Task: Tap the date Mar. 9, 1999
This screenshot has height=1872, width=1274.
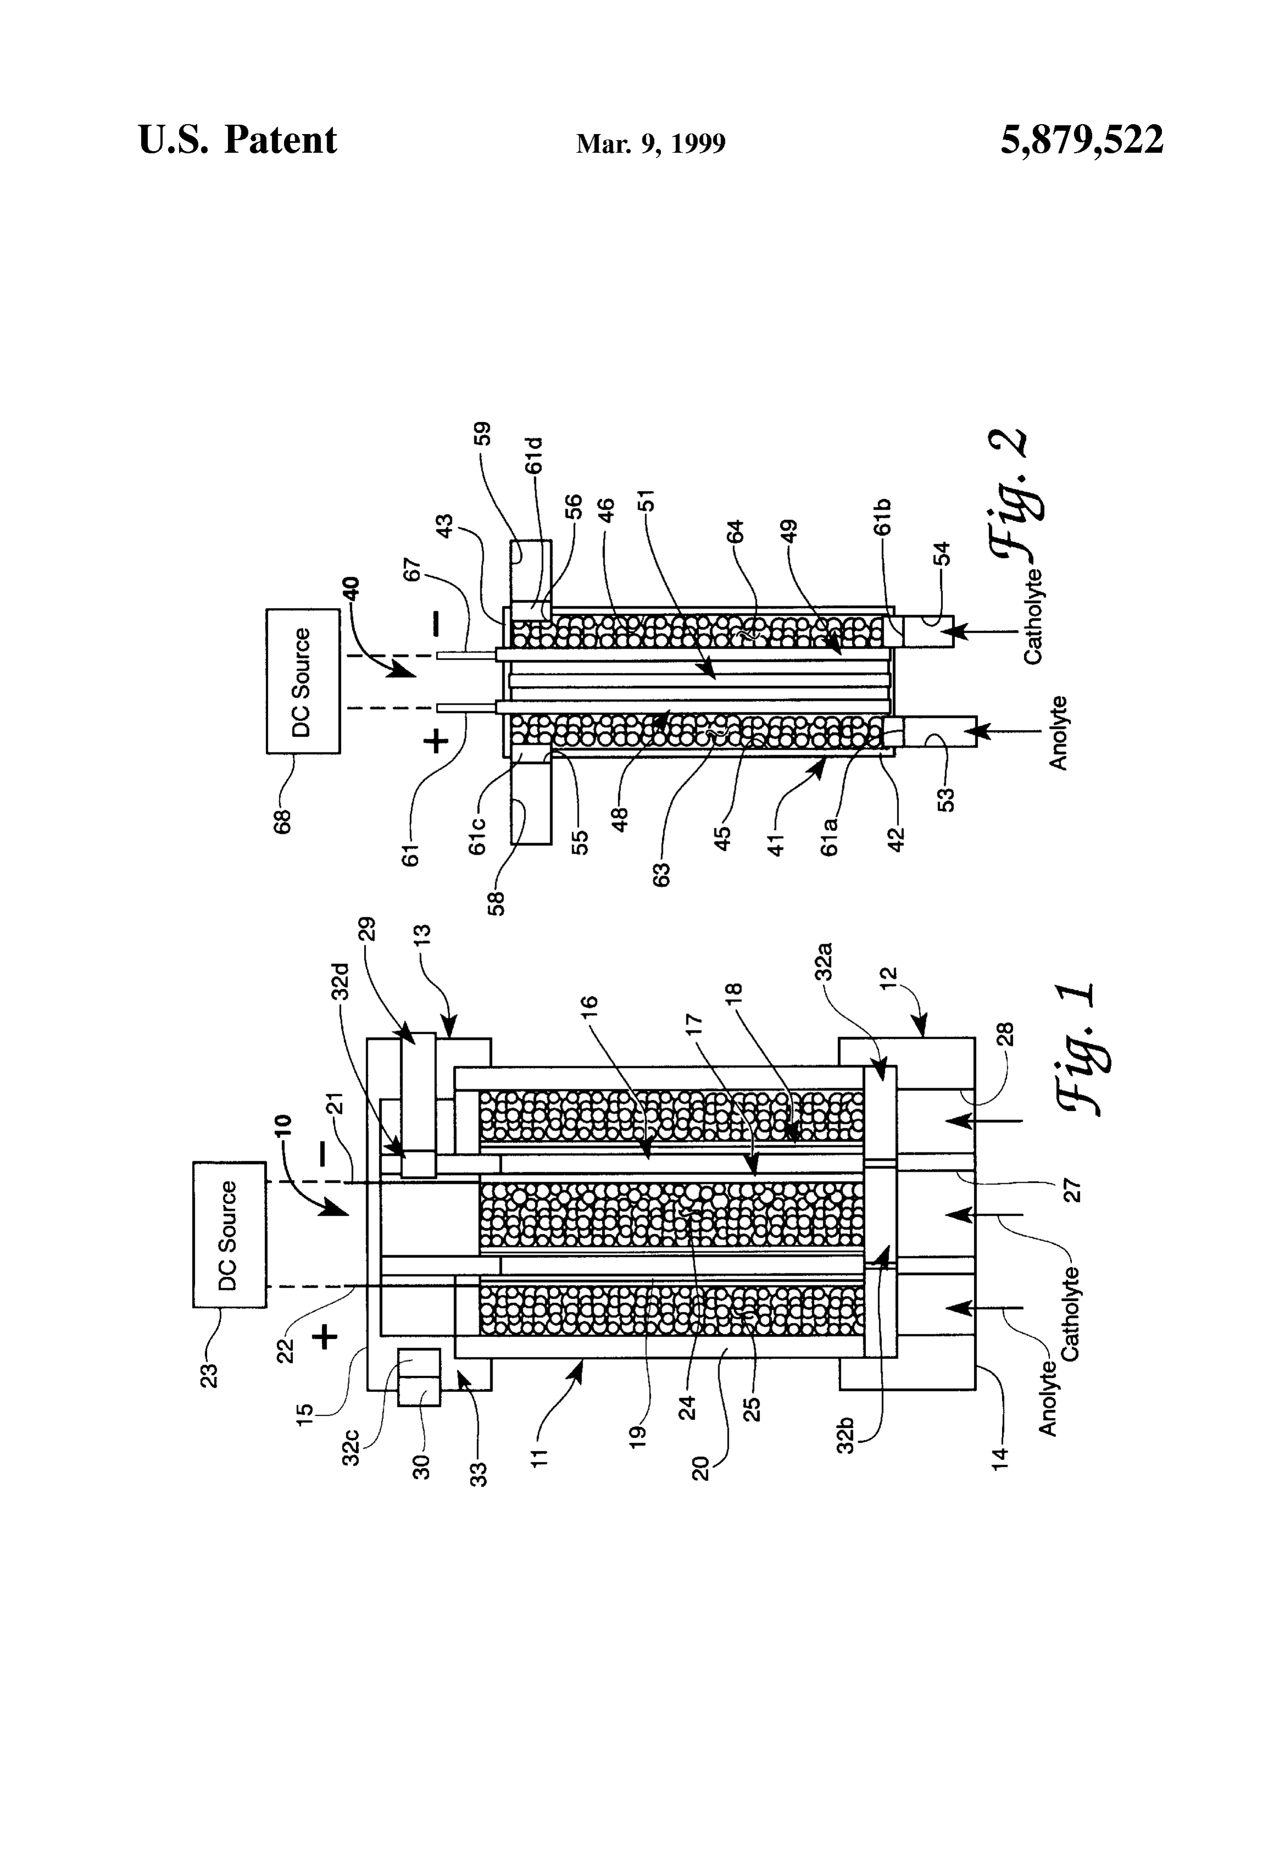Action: (651, 143)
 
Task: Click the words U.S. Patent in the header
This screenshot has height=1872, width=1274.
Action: (238, 140)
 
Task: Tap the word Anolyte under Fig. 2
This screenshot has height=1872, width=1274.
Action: (1060, 732)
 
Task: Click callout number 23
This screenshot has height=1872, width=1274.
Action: (209, 1369)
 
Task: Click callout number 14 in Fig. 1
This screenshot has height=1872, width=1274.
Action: (999, 1457)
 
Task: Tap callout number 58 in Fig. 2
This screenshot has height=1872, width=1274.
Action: (498, 904)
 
